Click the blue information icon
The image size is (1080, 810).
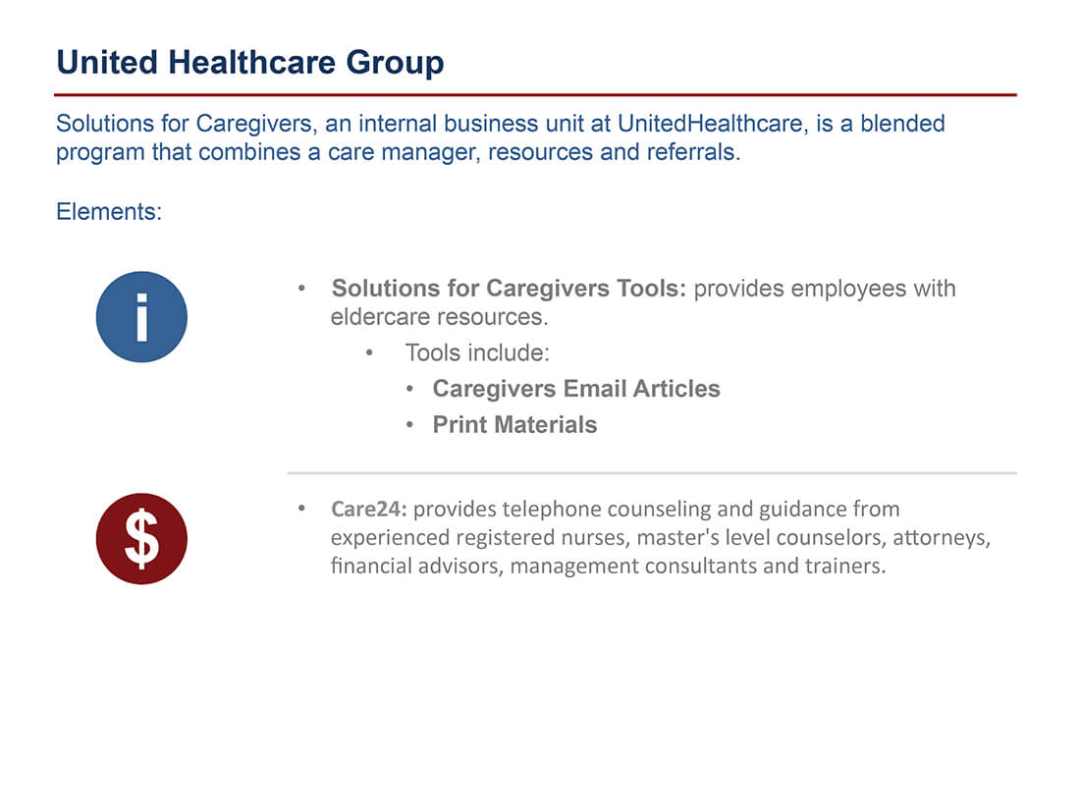click(141, 317)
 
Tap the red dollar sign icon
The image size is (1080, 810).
click(141, 539)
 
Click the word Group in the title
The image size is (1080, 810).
click(395, 63)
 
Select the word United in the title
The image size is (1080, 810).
click(107, 63)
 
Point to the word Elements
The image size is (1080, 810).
click(109, 211)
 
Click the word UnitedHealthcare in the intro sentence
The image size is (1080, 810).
click(710, 124)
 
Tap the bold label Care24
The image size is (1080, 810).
click(369, 509)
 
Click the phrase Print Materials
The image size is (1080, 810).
click(514, 425)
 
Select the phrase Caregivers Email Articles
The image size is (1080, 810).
click(575, 389)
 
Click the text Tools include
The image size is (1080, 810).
click(477, 352)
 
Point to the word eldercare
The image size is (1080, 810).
click(380, 317)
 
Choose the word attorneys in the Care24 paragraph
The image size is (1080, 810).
click(942, 538)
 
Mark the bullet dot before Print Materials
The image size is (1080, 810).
click(409, 425)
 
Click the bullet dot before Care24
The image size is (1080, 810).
click(301, 509)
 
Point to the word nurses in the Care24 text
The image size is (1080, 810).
click(597, 538)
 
